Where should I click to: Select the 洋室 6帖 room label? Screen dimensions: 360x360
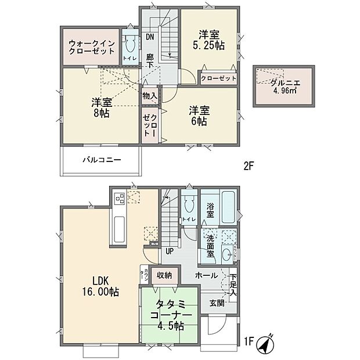coord(197,116)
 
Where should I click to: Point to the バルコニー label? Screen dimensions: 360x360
coord(101,159)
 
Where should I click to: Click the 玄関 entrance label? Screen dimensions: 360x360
coord(217,301)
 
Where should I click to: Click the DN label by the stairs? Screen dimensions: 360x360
coord(150,37)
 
